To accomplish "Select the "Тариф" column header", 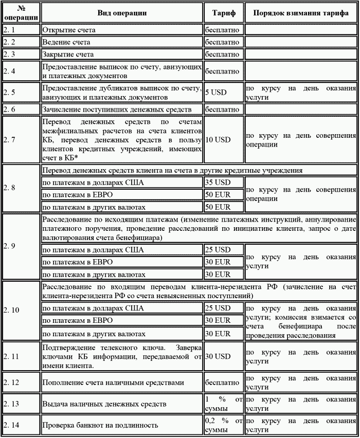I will (224, 13).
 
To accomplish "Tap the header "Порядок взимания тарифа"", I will (301, 13).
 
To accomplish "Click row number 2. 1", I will (21, 30).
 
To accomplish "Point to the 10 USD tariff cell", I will (224, 139).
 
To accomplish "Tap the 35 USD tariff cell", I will (224, 182).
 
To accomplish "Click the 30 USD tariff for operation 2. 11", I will (224, 356).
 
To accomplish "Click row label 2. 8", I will (21, 188).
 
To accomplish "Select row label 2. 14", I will (21, 425).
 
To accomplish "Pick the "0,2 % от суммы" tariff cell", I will (224, 425).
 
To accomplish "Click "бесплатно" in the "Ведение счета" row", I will (224, 42).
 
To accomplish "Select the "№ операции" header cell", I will (21, 13).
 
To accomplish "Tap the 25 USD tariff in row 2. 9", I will (224, 250).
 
